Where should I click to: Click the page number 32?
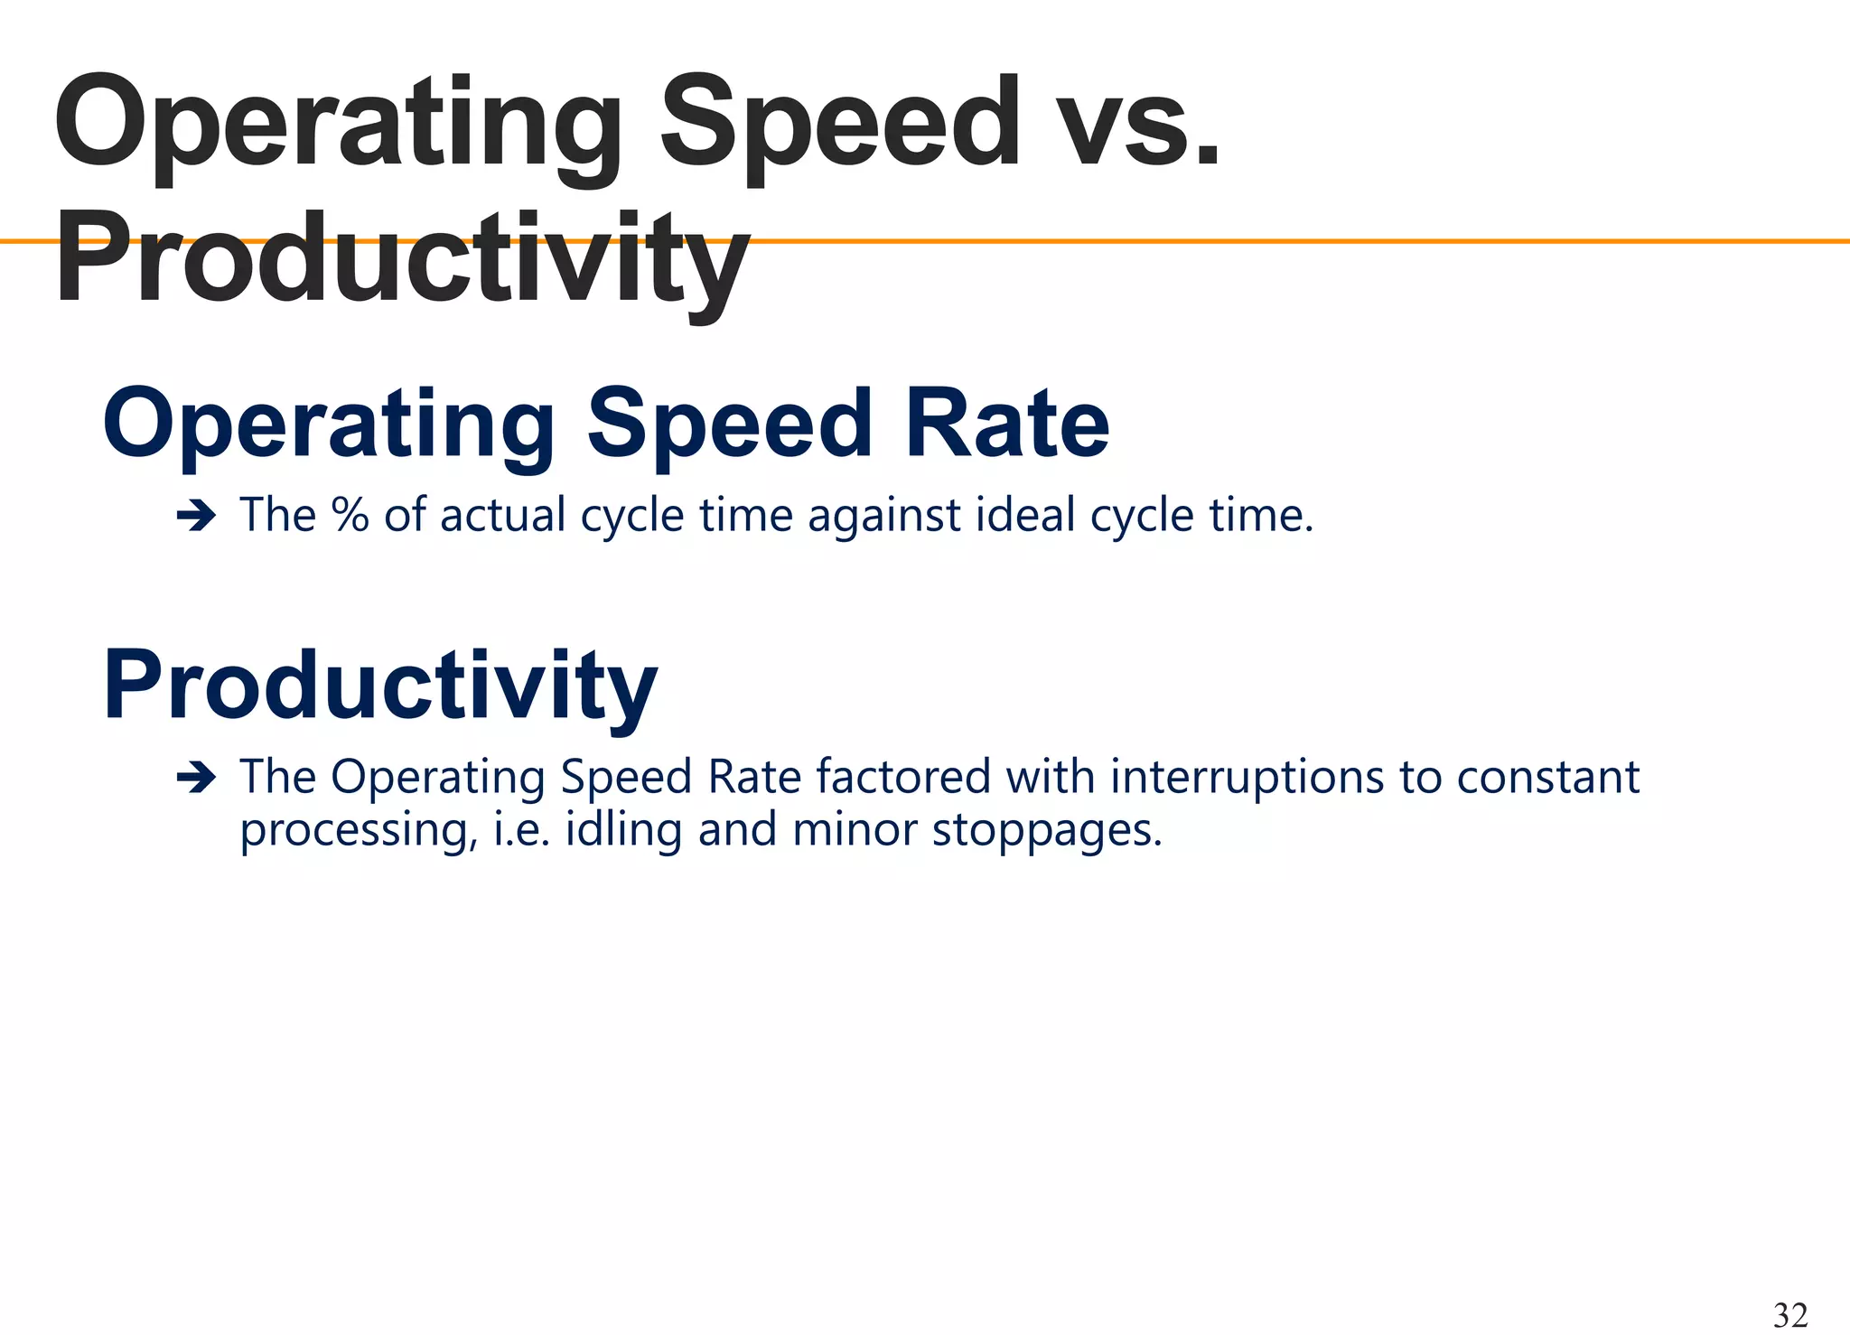(x=1790, y=1314)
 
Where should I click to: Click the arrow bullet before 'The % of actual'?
(x=196, y=517)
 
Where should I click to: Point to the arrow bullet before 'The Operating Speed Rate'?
(x=196, y=778)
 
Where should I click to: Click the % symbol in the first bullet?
(x=350, y=515)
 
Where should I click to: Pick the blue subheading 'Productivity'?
(x=380, y=686)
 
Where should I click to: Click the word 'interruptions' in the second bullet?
(x=1247, y=778)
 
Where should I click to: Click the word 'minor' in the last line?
(x=854, y=829)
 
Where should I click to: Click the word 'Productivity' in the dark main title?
(x=402, y=262)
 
